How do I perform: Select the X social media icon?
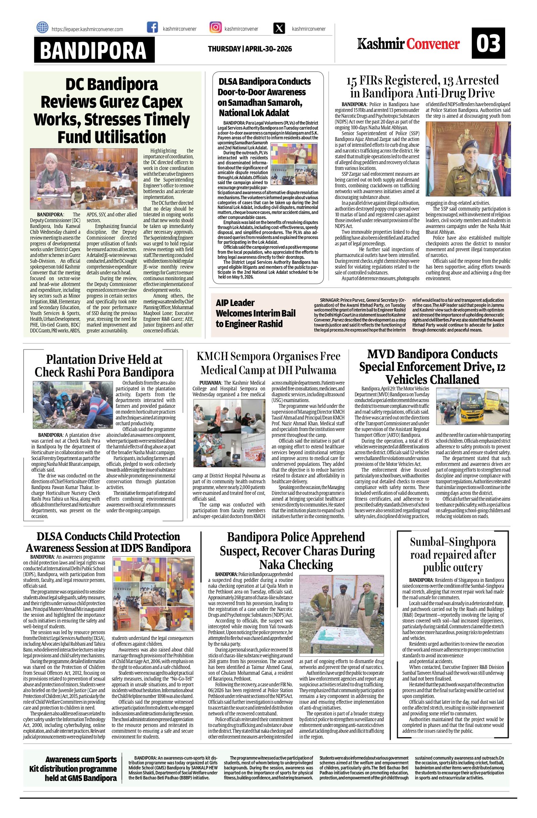[279, 28]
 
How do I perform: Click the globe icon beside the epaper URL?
[42, 27]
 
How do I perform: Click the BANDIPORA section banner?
[94, 50]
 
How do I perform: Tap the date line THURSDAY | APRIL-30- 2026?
[250, 49]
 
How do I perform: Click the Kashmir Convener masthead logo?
[408, 44]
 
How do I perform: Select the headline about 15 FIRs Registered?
[423, 87]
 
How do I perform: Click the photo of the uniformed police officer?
[468, 159]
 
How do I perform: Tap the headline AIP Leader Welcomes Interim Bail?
[255, 313]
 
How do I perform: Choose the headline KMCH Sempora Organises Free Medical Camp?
[268, 362]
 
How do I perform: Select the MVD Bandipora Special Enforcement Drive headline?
[432, 367]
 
